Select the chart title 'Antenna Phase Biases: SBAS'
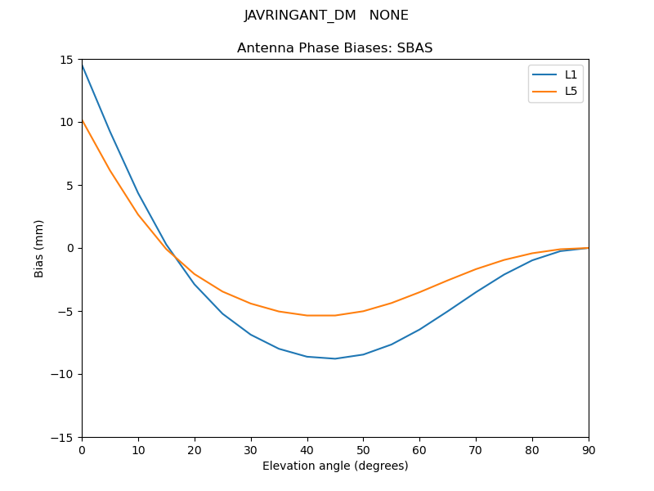coord(334,48)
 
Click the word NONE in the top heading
coord(389,16)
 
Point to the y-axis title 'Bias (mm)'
coord(39,248)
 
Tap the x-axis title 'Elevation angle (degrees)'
coord(335,466)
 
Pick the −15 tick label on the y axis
coord(65,437)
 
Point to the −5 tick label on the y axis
coord(68,311)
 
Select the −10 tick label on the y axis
coord(65,374)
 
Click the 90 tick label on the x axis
coord(589,449)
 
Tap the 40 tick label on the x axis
coord(307,449)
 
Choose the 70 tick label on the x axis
coord(476,449)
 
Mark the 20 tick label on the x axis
coord(195,449)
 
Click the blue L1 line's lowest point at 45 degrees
coord(335,358)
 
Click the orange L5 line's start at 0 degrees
coord(83,120)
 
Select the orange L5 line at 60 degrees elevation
coord(419,292)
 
